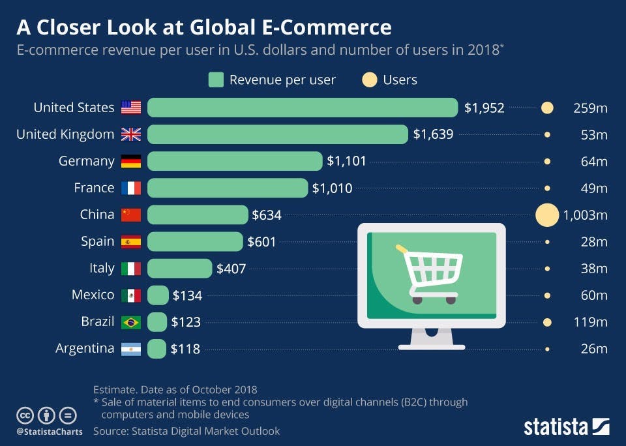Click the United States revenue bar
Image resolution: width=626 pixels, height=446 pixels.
[303, 108]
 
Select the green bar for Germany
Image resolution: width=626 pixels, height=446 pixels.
[235, 161]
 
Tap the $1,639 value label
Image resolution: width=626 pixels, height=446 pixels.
[433, 134]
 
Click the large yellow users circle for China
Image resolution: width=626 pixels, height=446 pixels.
[547, 215]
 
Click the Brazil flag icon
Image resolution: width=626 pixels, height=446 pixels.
[131, 322]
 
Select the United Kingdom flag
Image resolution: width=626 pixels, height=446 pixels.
[131, 135]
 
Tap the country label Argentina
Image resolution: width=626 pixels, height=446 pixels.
[85, 349]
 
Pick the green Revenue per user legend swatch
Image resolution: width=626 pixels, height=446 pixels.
[216, 80]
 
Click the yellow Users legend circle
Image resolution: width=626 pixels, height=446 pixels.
[369, 80]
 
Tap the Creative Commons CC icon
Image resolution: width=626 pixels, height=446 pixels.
[25, 415]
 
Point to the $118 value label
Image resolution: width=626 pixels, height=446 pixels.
[185, 349]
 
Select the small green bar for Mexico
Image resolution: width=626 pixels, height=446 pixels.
[158, 295]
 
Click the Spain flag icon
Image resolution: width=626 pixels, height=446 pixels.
[131, 242]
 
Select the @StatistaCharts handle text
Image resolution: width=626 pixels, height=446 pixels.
[50, 431]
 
